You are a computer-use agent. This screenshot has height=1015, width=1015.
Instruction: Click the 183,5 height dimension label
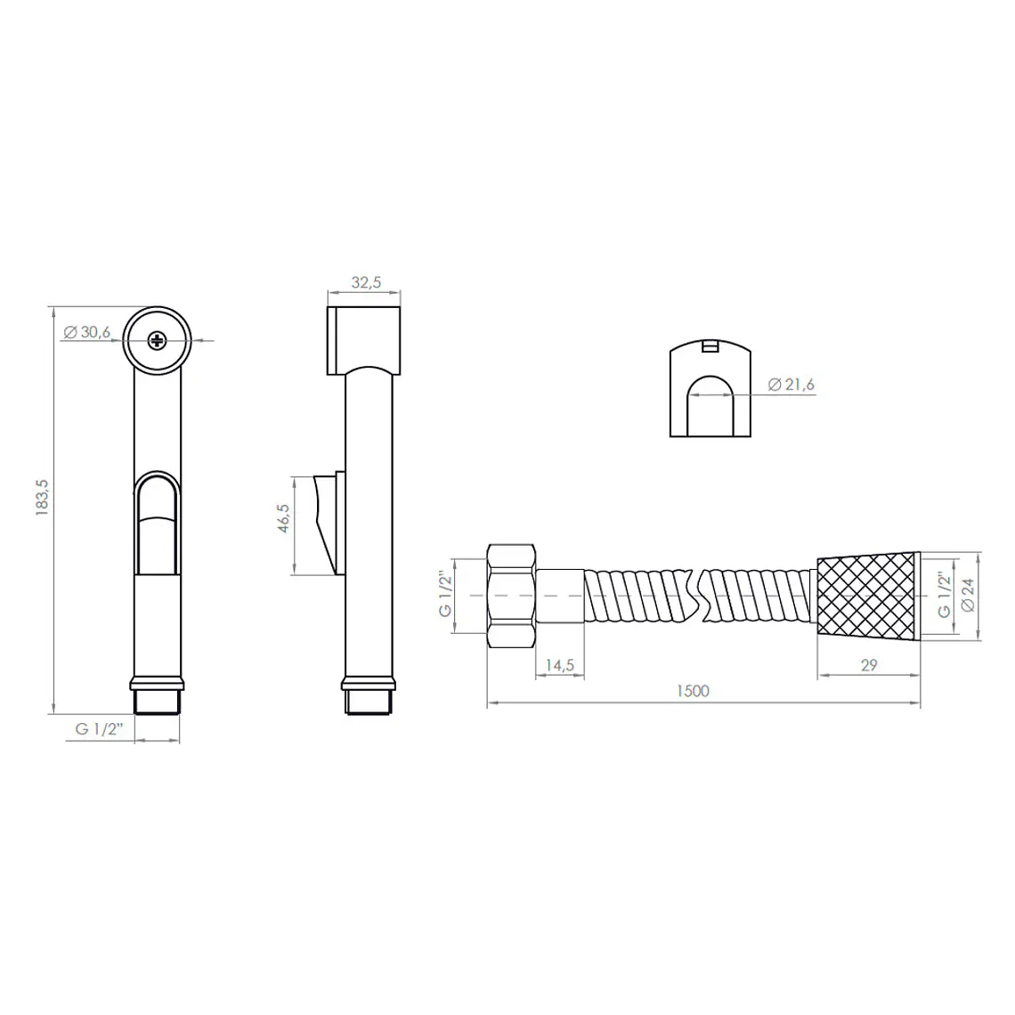coord(42,497)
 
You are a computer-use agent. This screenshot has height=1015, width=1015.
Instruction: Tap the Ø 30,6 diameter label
coord(87,332)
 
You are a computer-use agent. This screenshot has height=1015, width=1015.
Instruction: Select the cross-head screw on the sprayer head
coord(157,340)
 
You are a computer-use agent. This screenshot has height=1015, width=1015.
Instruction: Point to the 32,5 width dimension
coord(367,282)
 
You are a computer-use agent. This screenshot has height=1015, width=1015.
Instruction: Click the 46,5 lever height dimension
coord(283,518)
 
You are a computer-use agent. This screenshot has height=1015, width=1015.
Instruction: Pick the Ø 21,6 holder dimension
coord(791,385)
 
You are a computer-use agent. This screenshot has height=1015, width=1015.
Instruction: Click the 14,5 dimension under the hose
coord(560,665)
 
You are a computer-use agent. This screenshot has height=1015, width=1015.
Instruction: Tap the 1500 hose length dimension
coord(693,691)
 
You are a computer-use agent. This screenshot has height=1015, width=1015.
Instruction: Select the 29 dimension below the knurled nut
coord(869,665)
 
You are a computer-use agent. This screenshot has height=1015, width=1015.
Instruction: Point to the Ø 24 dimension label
coord(969,594)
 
